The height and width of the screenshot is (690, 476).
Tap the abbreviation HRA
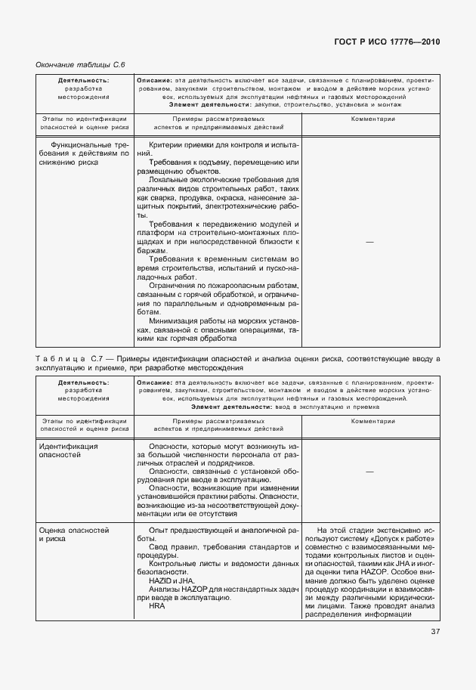(x=156, y=606)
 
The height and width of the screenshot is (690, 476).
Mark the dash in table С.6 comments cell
(x=369, y=241)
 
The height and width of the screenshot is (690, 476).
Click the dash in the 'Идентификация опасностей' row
(x=369, y=470)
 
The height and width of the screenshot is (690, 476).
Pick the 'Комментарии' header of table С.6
(x=369, y=119)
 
